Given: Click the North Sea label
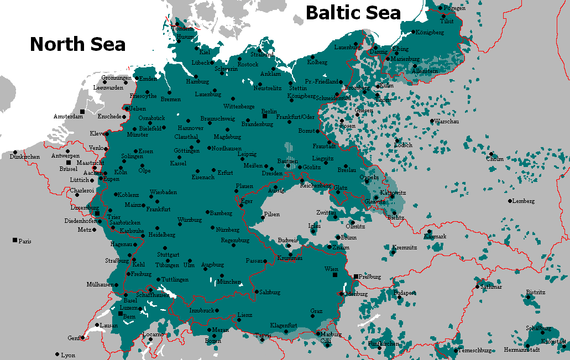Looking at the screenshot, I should click(x=77, y=44).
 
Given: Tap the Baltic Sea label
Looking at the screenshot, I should click(x=353, y=13).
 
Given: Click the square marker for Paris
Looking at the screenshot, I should click(x=14, y=240).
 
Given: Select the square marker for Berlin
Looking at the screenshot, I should click(x=265, y=117).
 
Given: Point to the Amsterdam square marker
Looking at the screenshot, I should click(x=82, y=111).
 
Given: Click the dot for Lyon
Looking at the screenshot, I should click(x=57, y=354).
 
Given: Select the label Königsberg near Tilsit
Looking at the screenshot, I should click(x=429, y=33).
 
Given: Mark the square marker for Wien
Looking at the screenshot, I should click(x=334, y=274).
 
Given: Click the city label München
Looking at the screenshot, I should click(x=229, y=282).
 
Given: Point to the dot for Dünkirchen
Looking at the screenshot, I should click(x=15, y=153).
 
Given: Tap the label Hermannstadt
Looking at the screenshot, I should click(x=522, y=350).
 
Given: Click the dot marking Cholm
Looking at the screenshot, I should click(x=490, y=154).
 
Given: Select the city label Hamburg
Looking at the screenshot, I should click(x=197, y=82).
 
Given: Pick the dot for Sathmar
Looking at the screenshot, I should click(x=478, y=286).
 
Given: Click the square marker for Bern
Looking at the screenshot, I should click(x=121, y=313).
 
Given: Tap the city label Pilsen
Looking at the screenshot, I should click(x=272, y=214).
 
